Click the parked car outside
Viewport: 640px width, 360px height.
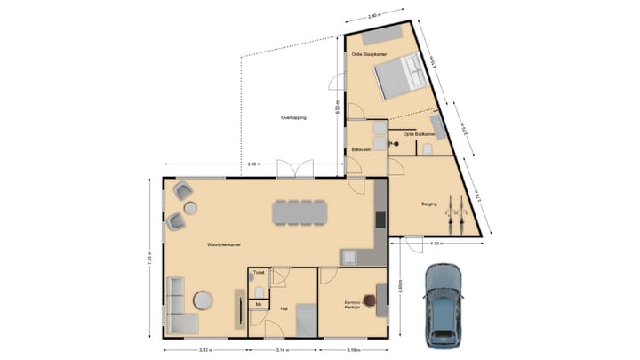tap(442, 304)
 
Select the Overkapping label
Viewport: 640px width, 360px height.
tap(293, 117)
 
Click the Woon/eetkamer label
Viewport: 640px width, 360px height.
tap(224, 243)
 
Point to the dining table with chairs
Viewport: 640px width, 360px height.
tap(300, 212)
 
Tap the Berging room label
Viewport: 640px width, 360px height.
tap(428, 204)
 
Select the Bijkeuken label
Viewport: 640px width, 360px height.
tap(361, 149)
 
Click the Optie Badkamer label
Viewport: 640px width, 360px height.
tap(420, 133)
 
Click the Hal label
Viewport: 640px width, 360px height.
tap(283, 308)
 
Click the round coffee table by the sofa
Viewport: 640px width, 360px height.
tap(204, 300)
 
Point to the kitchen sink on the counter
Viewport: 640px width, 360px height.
tap(349, 258)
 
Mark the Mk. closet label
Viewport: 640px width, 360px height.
tap(258, 305)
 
